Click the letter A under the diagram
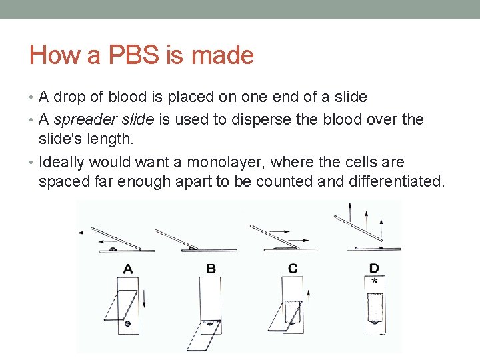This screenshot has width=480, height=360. (128, 269)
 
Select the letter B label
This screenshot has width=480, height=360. (211, 269)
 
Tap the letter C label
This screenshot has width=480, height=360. (293, 269)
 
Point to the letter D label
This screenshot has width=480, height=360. (374, 268)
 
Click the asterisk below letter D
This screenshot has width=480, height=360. (374, 282)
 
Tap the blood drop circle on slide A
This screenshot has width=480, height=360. (127, 323)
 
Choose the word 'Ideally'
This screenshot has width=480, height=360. (62, 163)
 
